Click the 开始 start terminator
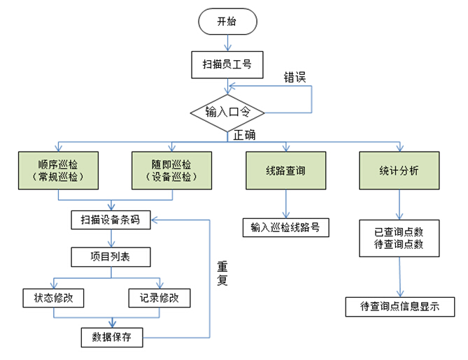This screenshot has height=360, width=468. (x=226, y=21)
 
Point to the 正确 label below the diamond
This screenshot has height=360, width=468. (x=244, y=134)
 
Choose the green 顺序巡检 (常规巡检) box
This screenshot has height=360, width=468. (x=58, y=171)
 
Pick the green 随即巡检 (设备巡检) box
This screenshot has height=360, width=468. (x=171, y=171)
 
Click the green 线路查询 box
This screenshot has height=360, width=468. (x=285, y=171)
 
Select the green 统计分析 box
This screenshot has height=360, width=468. (x=399, y=171)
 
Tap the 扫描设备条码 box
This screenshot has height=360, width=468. (x=111, y=219)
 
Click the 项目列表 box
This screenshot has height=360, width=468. (x=111, y=257)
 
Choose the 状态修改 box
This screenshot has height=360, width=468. (x=54, y=297)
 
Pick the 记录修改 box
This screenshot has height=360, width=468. (x=159, y=297)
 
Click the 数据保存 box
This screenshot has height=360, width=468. (x=111, y=337)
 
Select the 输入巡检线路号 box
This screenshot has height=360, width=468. (x=285, y=227)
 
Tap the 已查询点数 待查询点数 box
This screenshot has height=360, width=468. (x=399, y=238)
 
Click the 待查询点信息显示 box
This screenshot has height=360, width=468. (x=399, y=306)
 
